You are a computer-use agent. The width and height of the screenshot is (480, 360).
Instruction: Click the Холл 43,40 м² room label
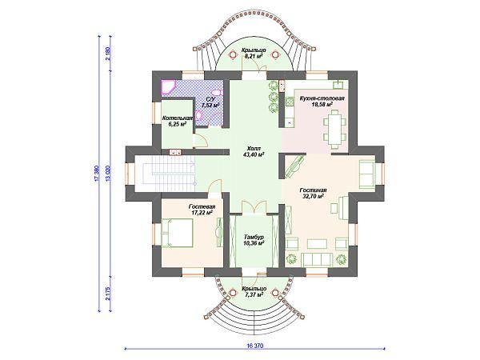254,152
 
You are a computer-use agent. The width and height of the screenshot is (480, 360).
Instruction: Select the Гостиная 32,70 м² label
313,193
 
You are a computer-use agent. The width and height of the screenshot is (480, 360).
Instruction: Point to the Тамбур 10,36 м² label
254,240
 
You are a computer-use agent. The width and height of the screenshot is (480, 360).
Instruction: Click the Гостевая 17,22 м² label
202,210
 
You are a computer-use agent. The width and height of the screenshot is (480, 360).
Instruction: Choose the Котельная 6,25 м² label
178,122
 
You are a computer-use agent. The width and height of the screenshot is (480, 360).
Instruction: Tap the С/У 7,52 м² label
210,102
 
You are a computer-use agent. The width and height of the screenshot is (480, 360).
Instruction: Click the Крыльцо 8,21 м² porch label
254,54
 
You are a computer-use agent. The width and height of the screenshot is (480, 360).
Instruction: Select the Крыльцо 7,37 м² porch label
254,292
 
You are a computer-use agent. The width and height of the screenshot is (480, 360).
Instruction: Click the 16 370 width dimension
254,346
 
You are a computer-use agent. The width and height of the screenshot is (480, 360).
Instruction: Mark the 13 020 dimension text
107,174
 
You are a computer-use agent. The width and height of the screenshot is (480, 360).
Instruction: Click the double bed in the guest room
177,233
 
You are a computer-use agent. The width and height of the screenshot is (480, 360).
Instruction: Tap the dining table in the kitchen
334,129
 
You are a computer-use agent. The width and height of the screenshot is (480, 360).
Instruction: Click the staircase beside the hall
174,174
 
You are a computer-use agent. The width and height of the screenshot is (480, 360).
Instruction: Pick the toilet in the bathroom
217,93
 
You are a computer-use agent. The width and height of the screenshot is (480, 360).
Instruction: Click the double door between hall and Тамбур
254,207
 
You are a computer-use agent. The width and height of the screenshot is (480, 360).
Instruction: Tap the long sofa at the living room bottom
317,260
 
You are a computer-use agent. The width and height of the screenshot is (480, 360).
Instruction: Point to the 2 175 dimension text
107,294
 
